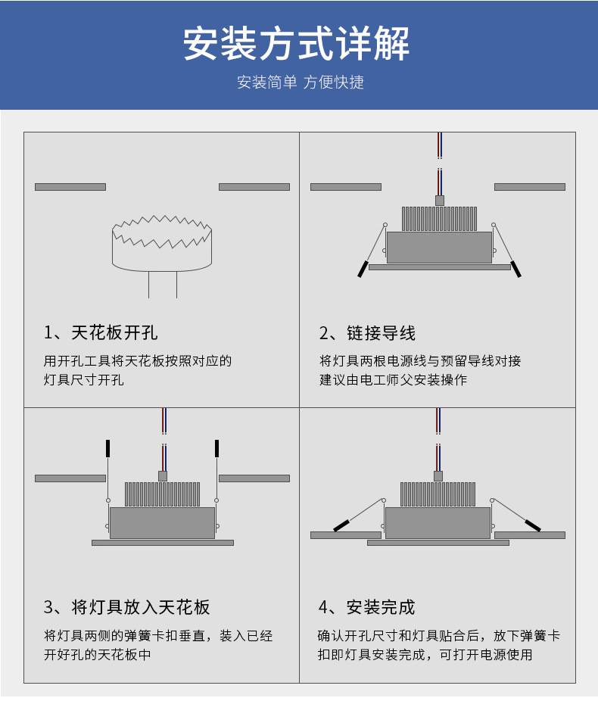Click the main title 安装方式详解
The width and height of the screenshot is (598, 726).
pos(297,43)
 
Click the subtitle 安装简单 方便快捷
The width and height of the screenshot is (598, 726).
pos(301,83)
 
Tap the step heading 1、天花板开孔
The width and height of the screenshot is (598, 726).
pos(101,332)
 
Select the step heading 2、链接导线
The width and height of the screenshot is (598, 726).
pos(367,333)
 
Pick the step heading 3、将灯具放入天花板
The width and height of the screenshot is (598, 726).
pos(127,607)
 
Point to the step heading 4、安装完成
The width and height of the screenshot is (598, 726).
pos(366,607)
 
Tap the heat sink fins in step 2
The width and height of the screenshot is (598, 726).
pos(439,219)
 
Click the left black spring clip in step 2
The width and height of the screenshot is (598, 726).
pos(363,269)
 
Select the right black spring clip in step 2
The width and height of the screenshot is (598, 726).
pos(515,269)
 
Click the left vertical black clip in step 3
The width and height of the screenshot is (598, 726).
pos(107,448)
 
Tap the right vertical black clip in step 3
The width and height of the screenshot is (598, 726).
pos(216,448)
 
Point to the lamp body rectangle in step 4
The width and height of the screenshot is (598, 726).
pos(438,523)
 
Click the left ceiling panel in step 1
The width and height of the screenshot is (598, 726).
pos(70,186)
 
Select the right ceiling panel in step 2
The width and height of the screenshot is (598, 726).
pos(530,186)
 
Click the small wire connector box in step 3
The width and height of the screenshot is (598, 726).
pos(163,476)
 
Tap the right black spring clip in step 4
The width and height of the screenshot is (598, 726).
pos(533,525)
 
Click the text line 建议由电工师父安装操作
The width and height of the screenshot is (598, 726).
pos(393,380)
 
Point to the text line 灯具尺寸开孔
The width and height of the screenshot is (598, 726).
pos(84,380)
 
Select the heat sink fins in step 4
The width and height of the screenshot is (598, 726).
pos(438,494)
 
